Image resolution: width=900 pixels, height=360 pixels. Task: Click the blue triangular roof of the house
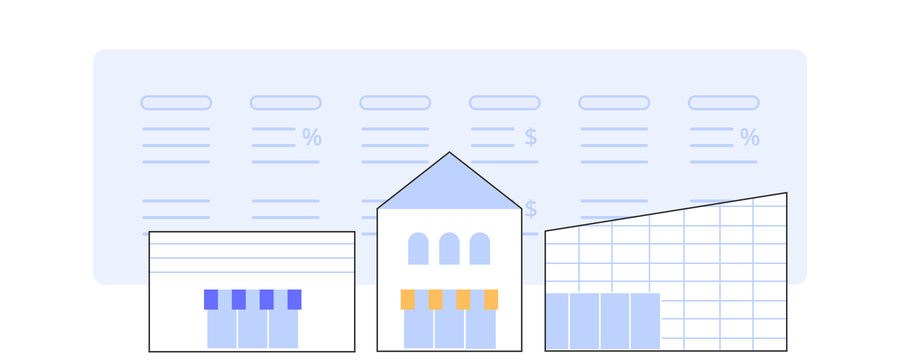(x=449, y=187)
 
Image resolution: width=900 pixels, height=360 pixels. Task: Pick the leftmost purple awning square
(x=211, y=299)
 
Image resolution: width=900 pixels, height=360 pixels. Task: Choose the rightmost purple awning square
(x=294, y=299)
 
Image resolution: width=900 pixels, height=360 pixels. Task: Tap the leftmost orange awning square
(x=407, y=299)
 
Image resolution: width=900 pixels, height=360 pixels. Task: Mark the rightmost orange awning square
(x=491, y=299)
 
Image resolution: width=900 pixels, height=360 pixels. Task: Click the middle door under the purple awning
(x=253, y=328)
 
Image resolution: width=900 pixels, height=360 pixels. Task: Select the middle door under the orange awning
(x=449, y=328)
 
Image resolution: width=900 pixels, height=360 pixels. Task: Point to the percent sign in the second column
(x=312, y=137)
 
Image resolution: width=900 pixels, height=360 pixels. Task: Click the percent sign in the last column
(x=750, y=137)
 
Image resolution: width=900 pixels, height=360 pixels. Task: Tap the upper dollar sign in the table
(x=531, y=137)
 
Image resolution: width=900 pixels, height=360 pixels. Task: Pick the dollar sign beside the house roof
(x=531, y=209)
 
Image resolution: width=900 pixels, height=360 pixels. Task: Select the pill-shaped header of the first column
(x=176, y=103)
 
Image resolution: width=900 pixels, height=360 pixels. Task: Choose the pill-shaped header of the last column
(x=724, y=103)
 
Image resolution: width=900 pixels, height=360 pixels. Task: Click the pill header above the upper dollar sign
(x=505, y=103)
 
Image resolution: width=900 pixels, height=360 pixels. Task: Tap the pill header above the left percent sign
(x=286, y=103)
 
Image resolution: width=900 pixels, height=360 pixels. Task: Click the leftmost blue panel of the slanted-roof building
(x=557, y=321)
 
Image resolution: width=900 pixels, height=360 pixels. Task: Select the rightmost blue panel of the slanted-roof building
(x=645, y=321)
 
